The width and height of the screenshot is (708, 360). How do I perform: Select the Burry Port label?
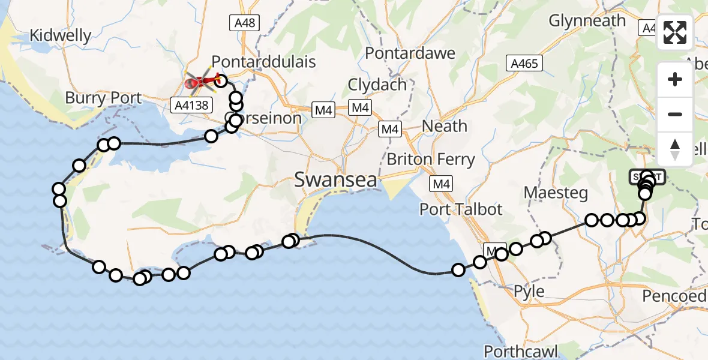click(103, 98)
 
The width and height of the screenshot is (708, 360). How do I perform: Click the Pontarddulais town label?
click(263, 62)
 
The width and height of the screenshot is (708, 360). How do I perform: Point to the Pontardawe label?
click(410, 53)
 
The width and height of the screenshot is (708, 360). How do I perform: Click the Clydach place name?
click(377, 85)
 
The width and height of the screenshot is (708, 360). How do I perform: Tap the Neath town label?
click(445, 126)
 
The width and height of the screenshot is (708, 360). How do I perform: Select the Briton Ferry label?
click(431, 160)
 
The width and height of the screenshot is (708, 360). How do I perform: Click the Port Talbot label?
click(461, 209)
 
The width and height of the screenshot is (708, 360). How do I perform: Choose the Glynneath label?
click(587, 20)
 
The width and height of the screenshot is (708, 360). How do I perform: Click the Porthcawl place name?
click(521, 350)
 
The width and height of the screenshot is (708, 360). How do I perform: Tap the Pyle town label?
click(529, 292)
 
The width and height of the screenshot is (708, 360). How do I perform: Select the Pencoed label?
click(674, 296)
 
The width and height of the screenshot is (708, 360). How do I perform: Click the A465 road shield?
click(524, 63)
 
